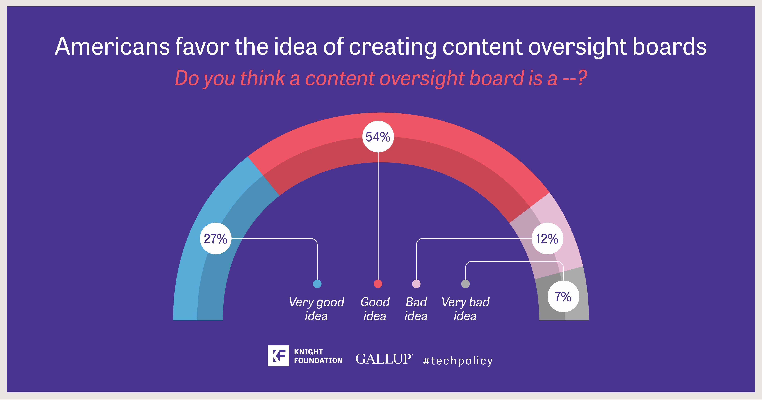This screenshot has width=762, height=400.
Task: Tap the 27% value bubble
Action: (216, 238)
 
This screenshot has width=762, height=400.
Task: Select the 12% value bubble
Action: (547, 238)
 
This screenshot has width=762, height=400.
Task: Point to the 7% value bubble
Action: (563, 296)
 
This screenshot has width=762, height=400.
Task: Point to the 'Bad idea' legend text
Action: (416, 309)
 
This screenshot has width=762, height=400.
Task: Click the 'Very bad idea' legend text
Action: (465, 309)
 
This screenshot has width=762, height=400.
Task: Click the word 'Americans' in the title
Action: (112, 46)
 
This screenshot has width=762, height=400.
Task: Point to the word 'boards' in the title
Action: (669, 46)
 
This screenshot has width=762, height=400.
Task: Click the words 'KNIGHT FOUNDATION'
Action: (318, 356)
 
